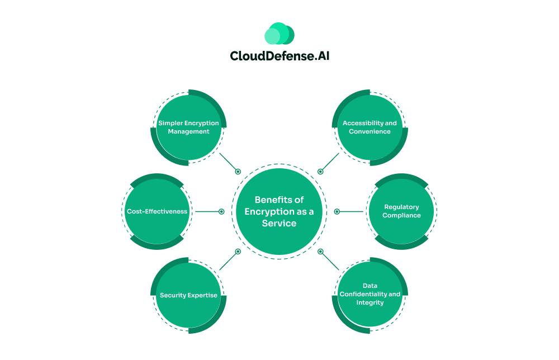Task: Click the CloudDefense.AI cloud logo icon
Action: click(279, 34)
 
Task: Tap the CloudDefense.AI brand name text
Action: click(279, 56)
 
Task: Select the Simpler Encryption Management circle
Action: click(188, 127)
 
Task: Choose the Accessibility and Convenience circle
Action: click(369, 127)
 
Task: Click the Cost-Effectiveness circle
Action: click(157, 211)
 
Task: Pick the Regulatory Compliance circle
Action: click(401, 211)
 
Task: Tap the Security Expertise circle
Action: click(188, 295)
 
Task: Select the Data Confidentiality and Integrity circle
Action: click(369, 295)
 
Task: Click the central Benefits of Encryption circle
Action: click(279, 211)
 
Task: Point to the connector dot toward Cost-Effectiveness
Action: click(221, 211)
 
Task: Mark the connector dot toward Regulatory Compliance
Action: click(337, 211)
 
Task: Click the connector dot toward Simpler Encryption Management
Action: click(238, 172)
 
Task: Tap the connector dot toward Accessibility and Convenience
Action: click(320, 172)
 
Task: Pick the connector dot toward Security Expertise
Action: click(238, 252)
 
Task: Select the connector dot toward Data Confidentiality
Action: click(320, 252)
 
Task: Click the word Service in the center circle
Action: click(279, 223)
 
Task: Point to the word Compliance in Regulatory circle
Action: click(401, 215)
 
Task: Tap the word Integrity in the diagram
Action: click(370, 302)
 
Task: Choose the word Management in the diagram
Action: click(188, 131)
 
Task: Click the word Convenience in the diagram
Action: click(369, 131)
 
